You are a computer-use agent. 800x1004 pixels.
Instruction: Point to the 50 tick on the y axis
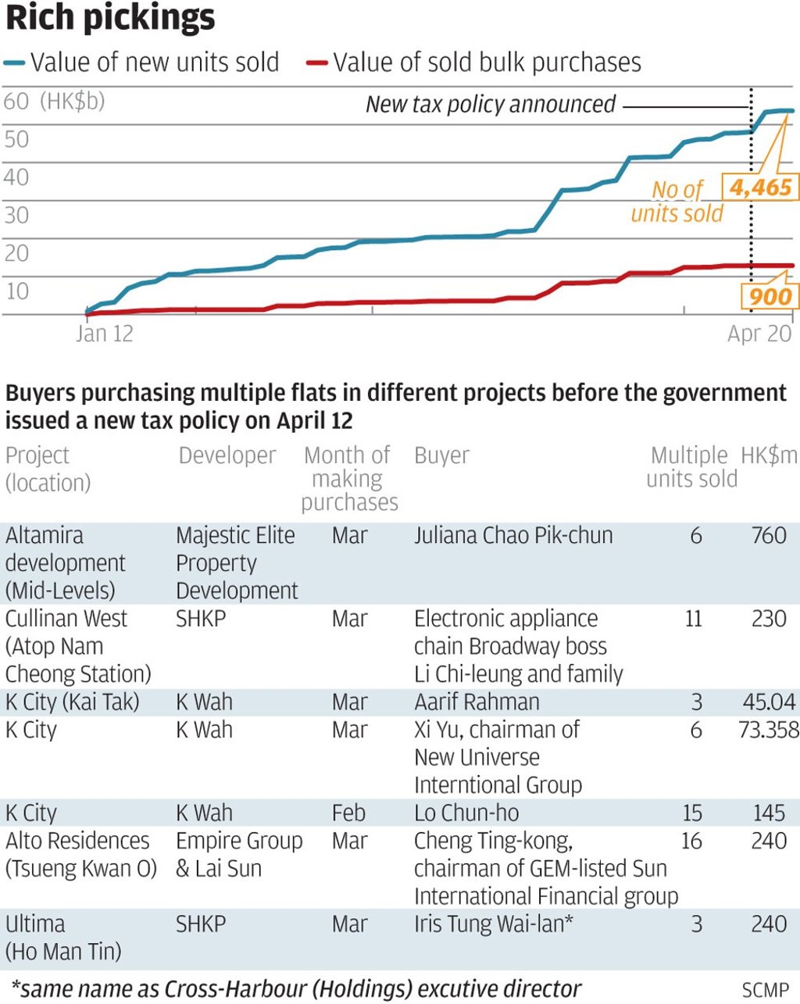click(x=16, y=140)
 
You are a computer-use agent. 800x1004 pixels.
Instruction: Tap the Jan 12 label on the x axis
click(x=105, y=334)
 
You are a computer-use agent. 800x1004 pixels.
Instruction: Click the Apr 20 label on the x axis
click(x=759, y=334)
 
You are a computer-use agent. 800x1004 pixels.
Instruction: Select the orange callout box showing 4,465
click(x=760, y=188)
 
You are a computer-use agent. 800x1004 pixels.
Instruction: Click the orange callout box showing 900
click(x=770, y=296)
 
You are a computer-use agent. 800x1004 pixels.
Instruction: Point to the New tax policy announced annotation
click(x=491, y=105)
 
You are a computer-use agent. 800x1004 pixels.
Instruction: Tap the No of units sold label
click(x=677, y=202)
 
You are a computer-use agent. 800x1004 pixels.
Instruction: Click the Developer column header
click(x=227, y=456)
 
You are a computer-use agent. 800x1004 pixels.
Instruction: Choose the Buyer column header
click(x=441, y=456)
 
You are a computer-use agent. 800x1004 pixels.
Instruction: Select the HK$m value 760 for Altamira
click(x=768, y=536)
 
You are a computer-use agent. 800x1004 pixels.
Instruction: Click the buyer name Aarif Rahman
click(x=477, y=702)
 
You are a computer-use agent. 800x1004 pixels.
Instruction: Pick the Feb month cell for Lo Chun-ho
click(x=348, y=813)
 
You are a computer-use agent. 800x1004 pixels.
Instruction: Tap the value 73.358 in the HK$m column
click(x=768, y=730)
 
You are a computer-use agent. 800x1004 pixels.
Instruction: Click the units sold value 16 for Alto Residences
click(x=691, y=841)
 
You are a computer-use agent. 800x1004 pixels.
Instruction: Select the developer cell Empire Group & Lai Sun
click(x=238, y=854)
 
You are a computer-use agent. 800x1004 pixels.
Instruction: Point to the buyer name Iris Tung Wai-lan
click(x=494, y=924)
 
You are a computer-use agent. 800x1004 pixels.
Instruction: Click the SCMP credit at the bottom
click(x=765, y=990)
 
